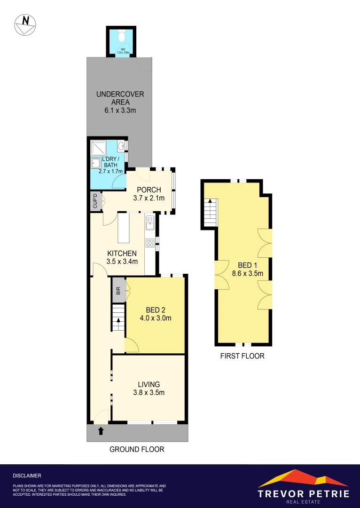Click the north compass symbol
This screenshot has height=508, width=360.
click(26, 25)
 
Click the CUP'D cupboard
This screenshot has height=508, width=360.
click(95, 201)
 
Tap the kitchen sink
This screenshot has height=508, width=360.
click(150, 223)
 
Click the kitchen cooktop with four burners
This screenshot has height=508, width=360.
click(150, 243)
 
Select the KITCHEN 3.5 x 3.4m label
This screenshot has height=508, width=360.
click(121, 257)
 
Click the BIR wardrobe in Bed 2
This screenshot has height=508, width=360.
click(118, 290)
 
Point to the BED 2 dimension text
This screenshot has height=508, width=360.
click(155, 318)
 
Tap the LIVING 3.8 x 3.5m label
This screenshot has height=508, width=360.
click(149, 389)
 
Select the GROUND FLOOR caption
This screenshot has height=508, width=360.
click(137, 449)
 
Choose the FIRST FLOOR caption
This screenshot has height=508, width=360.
click(242, 356)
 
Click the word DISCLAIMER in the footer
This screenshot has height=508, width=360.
click(27, 476)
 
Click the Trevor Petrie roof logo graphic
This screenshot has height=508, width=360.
click(303, 478)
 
